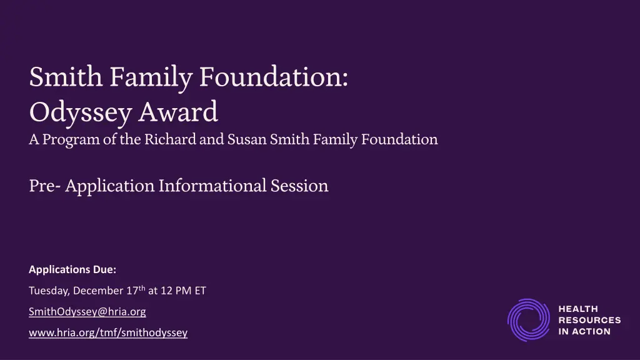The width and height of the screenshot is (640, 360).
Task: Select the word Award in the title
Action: click(x=178, y=112)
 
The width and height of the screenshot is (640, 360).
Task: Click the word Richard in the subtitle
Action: click(x=170, y=139)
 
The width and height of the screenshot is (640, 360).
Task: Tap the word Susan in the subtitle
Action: click(x=247, y=139)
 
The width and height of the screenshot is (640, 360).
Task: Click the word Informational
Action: click(x=212, y=186)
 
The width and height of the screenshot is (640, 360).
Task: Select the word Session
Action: click(x=299, y=186)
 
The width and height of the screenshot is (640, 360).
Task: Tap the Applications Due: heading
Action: click(x=72, y=269)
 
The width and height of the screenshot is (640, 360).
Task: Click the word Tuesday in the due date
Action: click(x=49, y=291)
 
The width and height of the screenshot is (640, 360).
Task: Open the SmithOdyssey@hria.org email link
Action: click(x=87, y=311)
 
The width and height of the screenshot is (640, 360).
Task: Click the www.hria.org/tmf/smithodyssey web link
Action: click(x=108, y=332)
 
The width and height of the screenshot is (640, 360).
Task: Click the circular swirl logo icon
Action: click(x=528, y=320)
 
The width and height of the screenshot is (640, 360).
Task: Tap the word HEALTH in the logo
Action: click(x=578, y=309)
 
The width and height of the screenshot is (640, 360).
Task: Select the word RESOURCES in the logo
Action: click(x=589, y=320)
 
